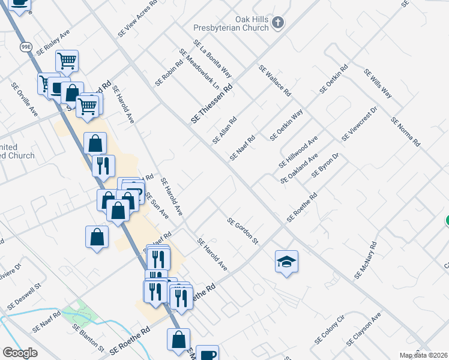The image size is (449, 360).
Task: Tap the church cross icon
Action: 277,23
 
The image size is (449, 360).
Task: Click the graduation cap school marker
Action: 287,262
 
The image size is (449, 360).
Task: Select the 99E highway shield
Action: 26,48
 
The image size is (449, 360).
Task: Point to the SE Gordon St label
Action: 243,231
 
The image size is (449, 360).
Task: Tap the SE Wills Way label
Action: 378,83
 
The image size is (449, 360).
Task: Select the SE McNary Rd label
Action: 366,260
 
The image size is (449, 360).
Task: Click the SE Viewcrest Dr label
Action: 359,125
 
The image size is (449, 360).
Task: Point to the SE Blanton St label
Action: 88,338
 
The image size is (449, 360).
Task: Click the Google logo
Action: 20,353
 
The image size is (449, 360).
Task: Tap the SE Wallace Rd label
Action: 275,81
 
